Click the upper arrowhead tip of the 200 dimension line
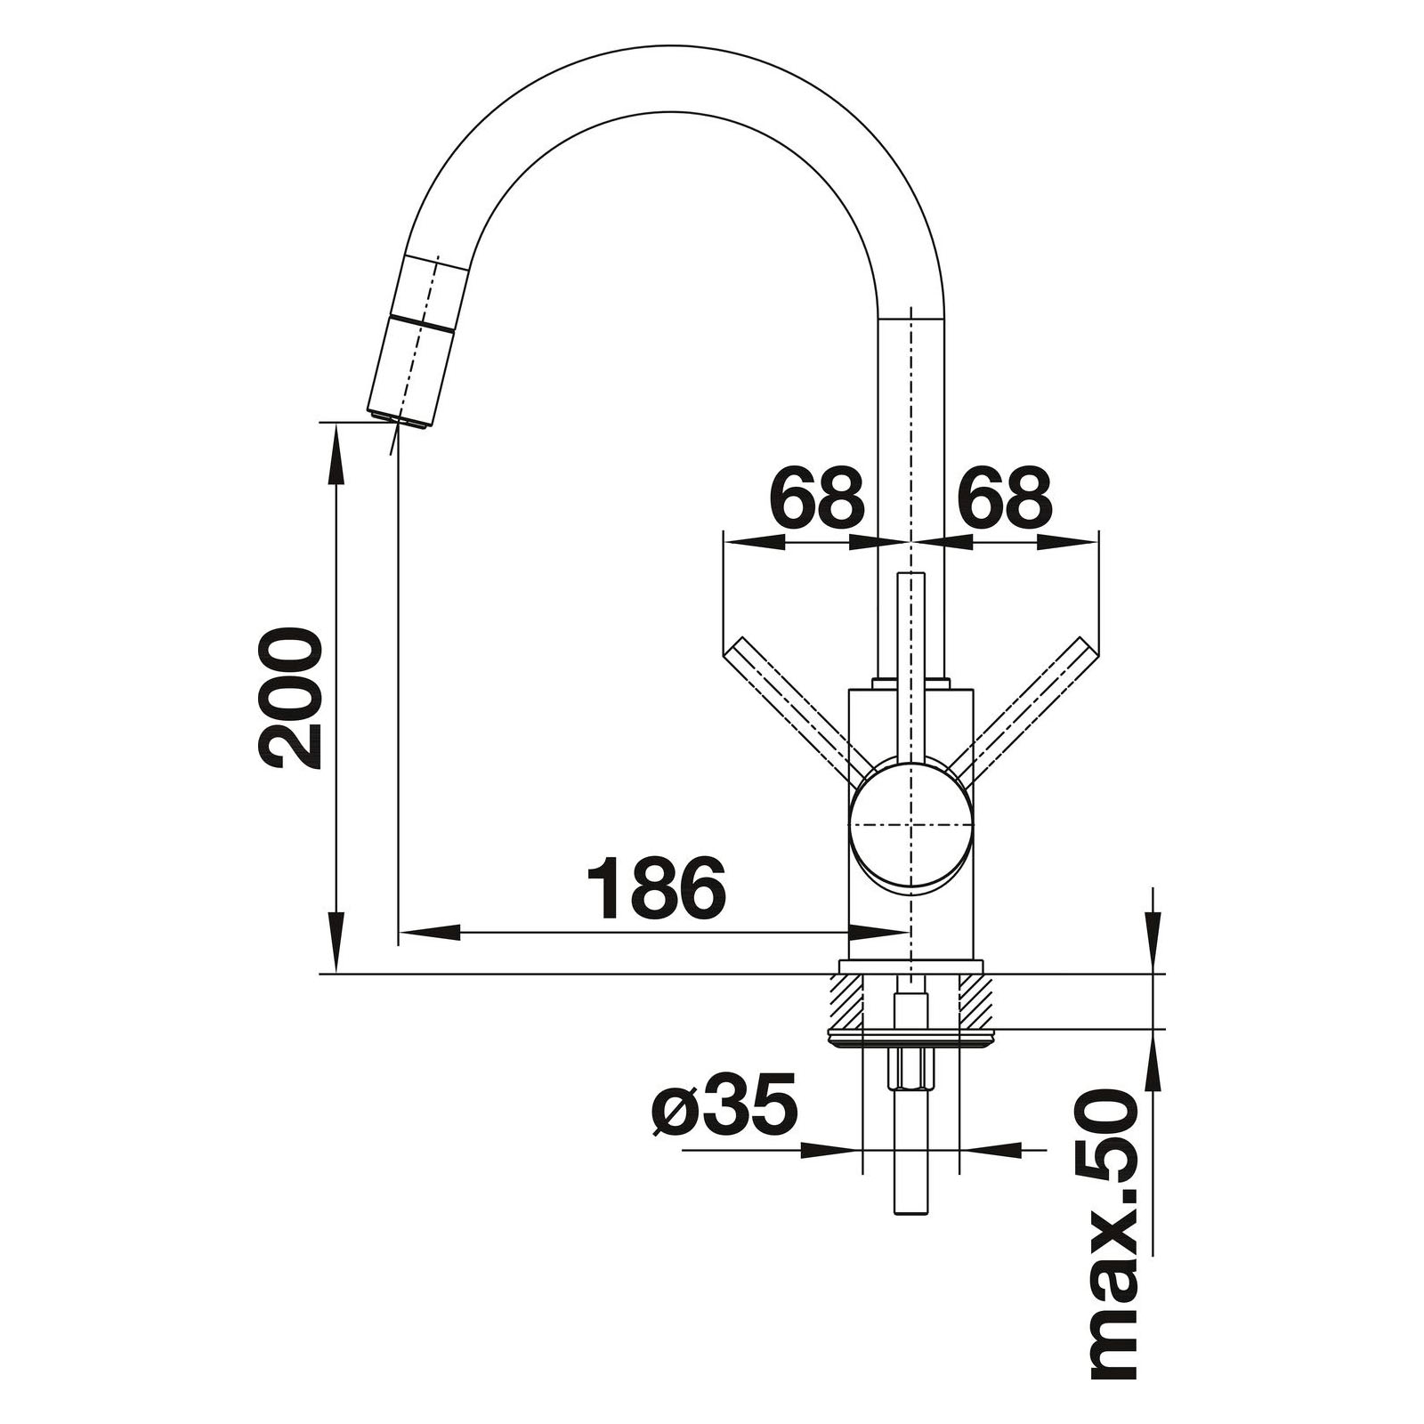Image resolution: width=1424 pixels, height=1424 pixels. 336,424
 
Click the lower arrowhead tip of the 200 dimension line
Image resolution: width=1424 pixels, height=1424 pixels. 336,974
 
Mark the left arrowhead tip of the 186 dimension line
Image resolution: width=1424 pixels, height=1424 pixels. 398,933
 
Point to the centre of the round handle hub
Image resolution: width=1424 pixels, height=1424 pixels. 910,825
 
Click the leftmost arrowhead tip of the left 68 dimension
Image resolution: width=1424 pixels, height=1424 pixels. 724,540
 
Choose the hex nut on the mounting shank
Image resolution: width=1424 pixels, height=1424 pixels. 910,1068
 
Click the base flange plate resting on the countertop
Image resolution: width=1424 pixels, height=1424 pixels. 910,967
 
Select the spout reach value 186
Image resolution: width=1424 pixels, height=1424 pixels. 657,887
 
